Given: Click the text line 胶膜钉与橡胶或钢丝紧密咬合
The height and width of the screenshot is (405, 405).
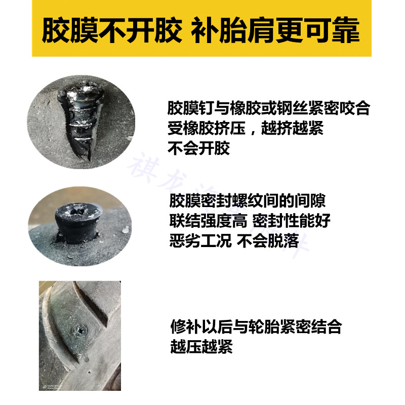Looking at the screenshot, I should tap(269, 109).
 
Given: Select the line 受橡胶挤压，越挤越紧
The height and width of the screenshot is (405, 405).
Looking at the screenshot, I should tap(245, 129).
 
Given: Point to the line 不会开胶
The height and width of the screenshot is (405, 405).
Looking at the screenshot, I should tap(198, 148).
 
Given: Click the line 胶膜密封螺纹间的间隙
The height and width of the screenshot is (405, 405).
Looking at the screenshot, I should tap(247, 201).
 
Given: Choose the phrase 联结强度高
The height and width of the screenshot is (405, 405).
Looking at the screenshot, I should tap(208, 221).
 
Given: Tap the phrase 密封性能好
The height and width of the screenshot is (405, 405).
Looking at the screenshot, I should tap(291, 221).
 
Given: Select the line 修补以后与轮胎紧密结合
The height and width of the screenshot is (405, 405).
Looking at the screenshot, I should tap(256, 327).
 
